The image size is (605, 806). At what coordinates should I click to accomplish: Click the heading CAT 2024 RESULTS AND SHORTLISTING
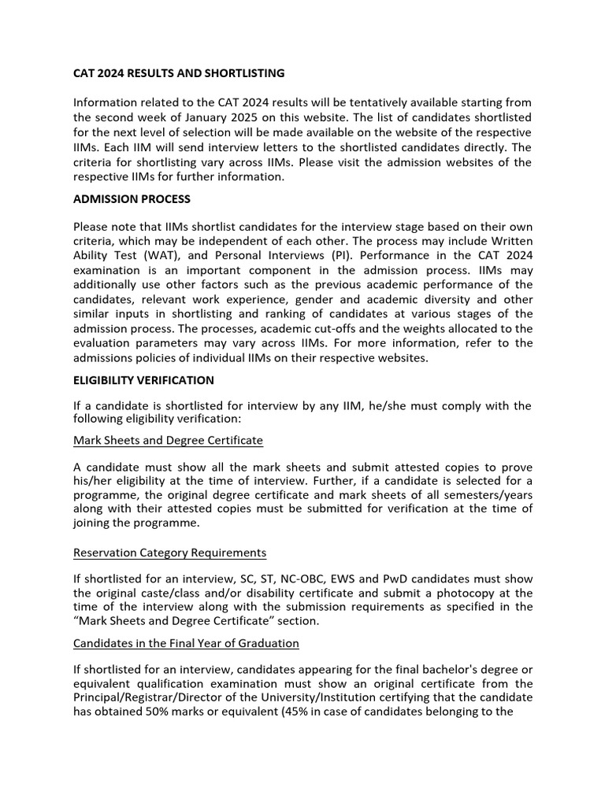click(179, 73)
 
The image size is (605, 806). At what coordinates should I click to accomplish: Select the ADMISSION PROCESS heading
click(132, 198)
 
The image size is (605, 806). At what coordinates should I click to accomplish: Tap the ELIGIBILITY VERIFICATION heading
click(143, 380)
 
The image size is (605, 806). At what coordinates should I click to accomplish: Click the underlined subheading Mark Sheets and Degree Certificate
click(168, 440)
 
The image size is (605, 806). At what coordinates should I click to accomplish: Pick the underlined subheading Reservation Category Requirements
click(169, 553)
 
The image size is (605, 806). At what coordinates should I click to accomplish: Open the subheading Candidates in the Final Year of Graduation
click(186, 643)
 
